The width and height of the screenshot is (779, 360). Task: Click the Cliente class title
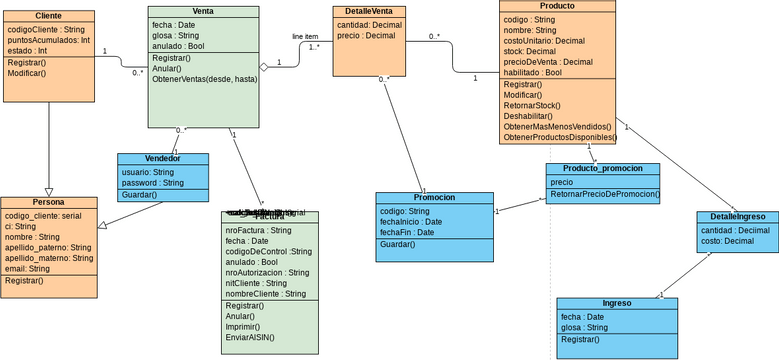coord(48,16)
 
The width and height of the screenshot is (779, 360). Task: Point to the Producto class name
coord(556,6)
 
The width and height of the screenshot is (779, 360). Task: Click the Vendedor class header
coord(162,158)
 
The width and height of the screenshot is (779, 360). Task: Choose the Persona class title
coord(48,202)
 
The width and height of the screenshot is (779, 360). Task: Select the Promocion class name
coord(433,197)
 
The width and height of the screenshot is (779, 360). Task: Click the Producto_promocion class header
coord(602,168)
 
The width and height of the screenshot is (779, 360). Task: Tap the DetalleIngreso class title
coord(737,216)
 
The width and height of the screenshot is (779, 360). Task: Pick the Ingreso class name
coord(616,303)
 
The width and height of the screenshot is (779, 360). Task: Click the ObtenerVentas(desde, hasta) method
coord(204,80)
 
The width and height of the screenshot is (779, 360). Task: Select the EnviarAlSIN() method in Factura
coord(249,337)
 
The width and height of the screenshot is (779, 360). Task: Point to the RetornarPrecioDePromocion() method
coord(605,194)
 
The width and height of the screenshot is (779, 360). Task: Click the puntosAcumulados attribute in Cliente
coord(48,41)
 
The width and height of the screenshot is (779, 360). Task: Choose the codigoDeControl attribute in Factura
coord(268,251)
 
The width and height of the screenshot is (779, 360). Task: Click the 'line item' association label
coord(305,36)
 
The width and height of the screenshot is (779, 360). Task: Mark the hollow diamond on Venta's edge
coord(265,67)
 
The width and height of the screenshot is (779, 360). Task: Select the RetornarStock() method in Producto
coord(532,105)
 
